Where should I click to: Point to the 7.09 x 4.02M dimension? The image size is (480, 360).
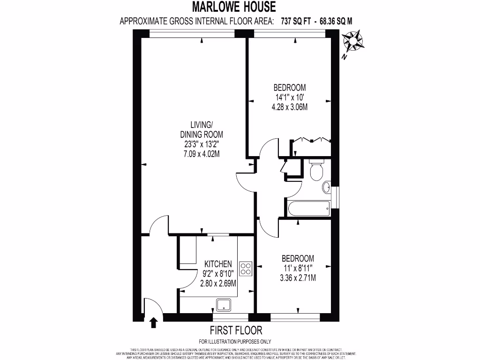pos(202,154)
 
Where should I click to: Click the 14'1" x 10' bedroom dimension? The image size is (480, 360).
pos(290,97)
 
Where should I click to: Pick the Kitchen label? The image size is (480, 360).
pos(217,263)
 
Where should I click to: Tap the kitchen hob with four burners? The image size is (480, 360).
pos(246,268)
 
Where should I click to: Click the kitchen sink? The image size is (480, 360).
pos(224,304)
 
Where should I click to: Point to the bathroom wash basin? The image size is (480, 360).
pos(326,188)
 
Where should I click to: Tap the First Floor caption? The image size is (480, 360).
pos(236,330)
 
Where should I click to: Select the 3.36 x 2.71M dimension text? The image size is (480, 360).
pos(297,278)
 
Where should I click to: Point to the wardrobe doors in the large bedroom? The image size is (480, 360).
pos(311,141)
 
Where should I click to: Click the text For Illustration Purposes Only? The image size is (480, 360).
pos(235,342)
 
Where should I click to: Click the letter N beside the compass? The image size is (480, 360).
pos(344,58)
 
